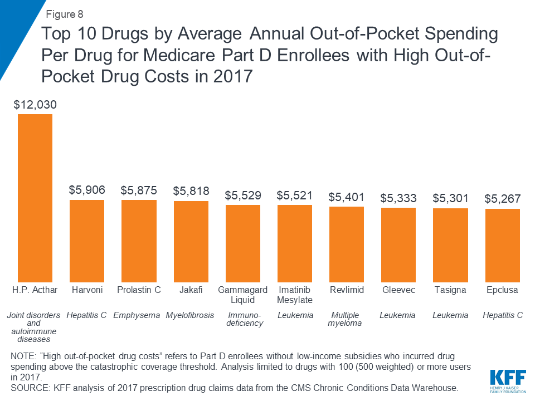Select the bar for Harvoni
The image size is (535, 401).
tap(87, 241)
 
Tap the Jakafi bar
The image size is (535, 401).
tap(191, 241)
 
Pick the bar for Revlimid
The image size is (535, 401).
tap(347, 244)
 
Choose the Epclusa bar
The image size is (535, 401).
tap(503, 245)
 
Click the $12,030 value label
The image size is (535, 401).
tap(35, 104)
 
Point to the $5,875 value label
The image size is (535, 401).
tap(139, 190)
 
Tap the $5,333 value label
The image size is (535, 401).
tap(398, 198)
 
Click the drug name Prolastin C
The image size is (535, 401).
tap(139, 290)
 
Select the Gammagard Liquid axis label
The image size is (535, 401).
tap(243, 295)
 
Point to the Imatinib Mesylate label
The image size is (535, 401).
tap(295, 295)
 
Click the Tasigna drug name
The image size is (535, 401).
tap(450, 290)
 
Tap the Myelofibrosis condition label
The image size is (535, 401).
tap(190, 315)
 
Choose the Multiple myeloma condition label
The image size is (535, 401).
tap(346, 319)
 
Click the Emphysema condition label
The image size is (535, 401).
tap(137, 315)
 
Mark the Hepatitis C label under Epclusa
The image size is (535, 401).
tap(503, 315)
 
